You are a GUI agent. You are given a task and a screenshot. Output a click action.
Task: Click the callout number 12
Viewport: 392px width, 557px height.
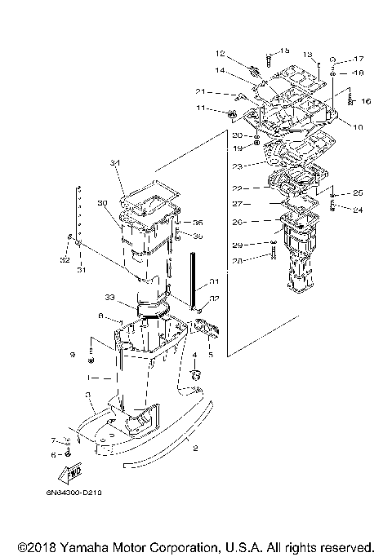(x=220, y=54)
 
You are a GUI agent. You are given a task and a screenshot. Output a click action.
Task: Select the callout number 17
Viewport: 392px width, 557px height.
(x=359, y=59)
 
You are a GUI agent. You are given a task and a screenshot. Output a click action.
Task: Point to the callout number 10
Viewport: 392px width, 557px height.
(x=357, y=127)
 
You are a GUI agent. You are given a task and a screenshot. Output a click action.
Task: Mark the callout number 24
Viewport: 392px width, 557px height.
(x=357, y=209)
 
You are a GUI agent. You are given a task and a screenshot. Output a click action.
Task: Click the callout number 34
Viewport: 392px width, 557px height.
(x=116, y=164)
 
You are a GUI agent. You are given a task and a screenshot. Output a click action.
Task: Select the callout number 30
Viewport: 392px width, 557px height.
(x=103, y=203)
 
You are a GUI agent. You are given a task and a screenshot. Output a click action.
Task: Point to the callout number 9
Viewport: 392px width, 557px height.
(x=72, y=355)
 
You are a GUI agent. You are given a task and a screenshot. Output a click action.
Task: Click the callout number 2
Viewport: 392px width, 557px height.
(x=194, y=448)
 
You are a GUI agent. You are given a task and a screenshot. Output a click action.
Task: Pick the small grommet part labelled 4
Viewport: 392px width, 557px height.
(x=196, y=375)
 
